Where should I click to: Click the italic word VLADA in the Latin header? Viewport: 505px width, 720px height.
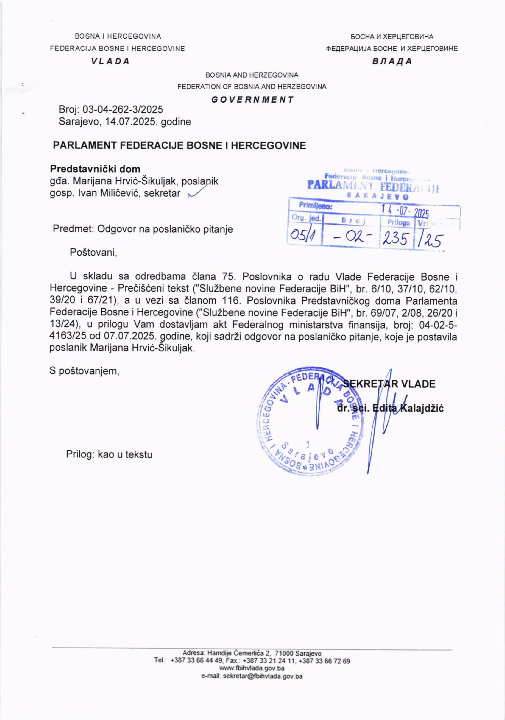click(x=110, y=62)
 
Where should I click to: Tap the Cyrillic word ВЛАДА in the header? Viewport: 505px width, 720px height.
click(x=392, y=62)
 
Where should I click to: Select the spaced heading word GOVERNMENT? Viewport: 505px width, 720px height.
click(x=252, y=100)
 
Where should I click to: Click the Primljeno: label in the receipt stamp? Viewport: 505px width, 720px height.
click(x=315, y=206)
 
